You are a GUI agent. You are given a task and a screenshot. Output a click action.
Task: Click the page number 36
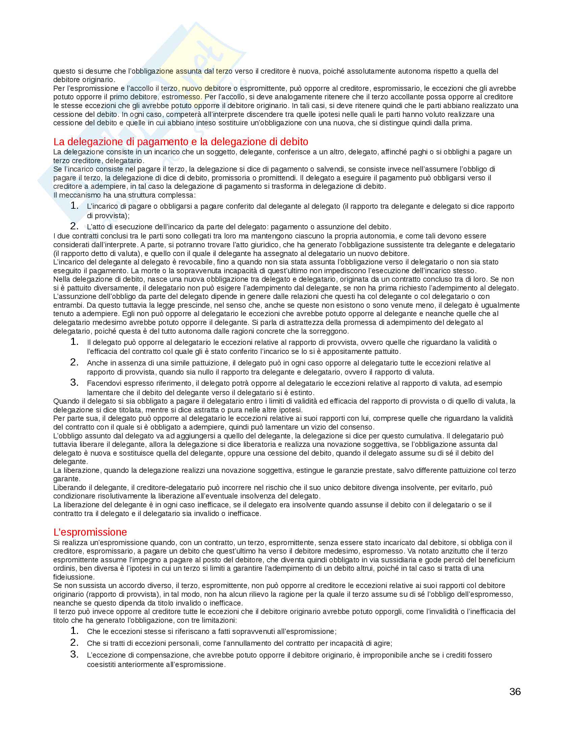coord(515,692)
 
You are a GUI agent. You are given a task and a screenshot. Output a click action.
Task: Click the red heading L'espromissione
coord(90,532)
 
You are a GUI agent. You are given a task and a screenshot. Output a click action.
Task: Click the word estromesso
coord(181,97)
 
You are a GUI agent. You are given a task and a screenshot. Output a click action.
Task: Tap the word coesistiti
coord(101,664)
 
